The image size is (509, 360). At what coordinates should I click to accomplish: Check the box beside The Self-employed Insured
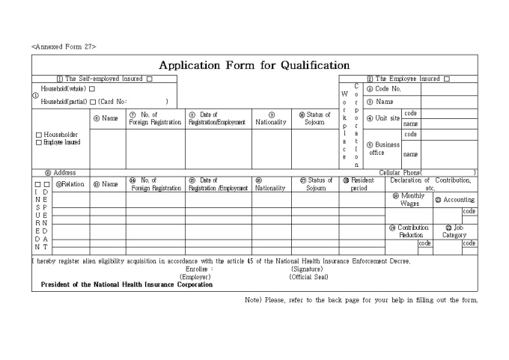coord(150,79)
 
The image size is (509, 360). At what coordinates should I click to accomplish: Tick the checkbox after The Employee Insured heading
coord(446,79)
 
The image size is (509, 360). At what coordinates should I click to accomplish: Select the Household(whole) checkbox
coord(92,89)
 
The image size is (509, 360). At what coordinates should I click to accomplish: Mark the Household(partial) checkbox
coord(93,101)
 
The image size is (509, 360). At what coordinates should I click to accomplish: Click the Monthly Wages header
coord(409,200)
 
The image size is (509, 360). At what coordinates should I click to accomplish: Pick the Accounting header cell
coord(454,200)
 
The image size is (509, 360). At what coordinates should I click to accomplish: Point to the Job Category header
coord(454,231)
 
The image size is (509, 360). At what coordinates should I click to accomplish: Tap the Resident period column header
coord(359,184)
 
